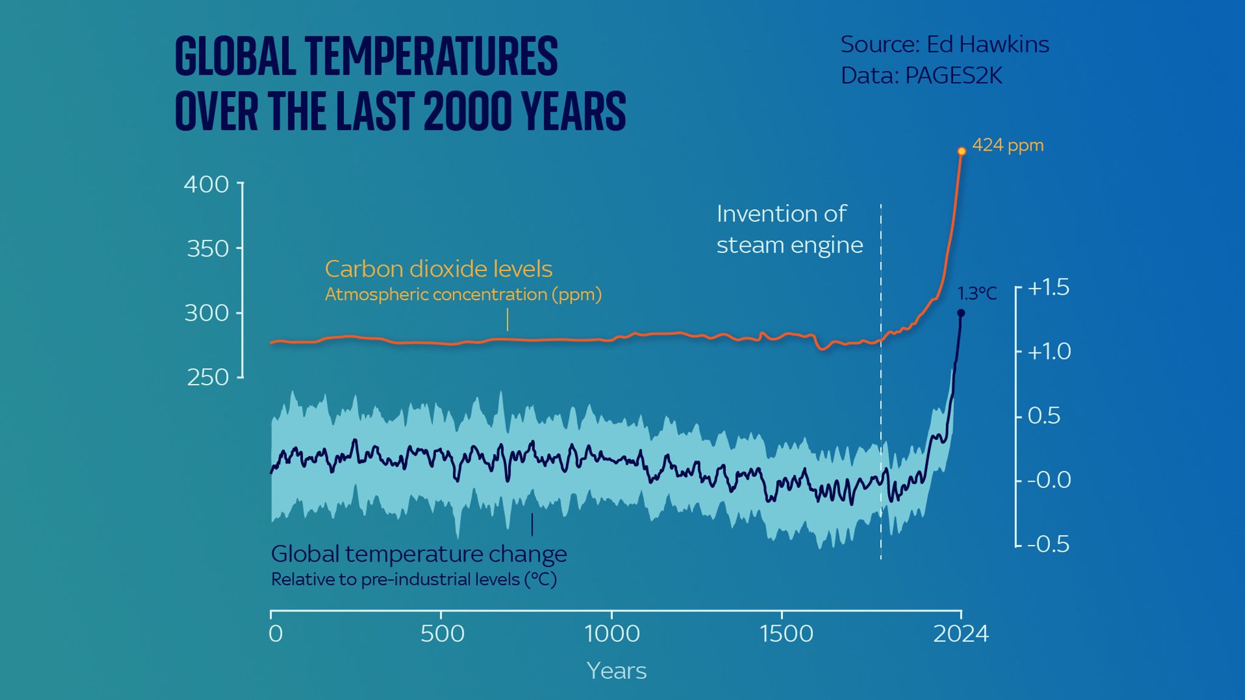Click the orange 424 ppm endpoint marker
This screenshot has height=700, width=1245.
(961, 151)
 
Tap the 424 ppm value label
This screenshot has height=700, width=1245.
(1007, 145)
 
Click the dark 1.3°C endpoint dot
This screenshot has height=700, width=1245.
(961, 314)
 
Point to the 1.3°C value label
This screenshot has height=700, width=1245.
(977, 294)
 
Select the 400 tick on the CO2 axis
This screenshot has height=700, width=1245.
(206, 184)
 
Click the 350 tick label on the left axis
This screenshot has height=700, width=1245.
(207, 249)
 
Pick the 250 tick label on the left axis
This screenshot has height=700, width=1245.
(207, 378)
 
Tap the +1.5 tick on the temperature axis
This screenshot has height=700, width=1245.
(1047, 287)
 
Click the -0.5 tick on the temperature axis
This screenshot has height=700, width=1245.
(1047, 544)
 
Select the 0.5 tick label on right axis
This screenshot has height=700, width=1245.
(1043, 416)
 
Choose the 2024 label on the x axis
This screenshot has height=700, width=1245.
(960, 634)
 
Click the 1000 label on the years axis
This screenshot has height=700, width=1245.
(612, 634)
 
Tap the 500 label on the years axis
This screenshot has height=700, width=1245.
(442, 634)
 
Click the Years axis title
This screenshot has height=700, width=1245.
(616, 671)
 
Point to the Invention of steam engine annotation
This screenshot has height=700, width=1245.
(789, 230)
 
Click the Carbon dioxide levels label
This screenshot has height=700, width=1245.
(438, 269)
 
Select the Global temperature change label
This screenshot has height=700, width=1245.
(418, 554)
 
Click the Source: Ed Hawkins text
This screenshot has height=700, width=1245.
(944, 44)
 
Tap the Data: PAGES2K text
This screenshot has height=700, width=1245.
(921, 76)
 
